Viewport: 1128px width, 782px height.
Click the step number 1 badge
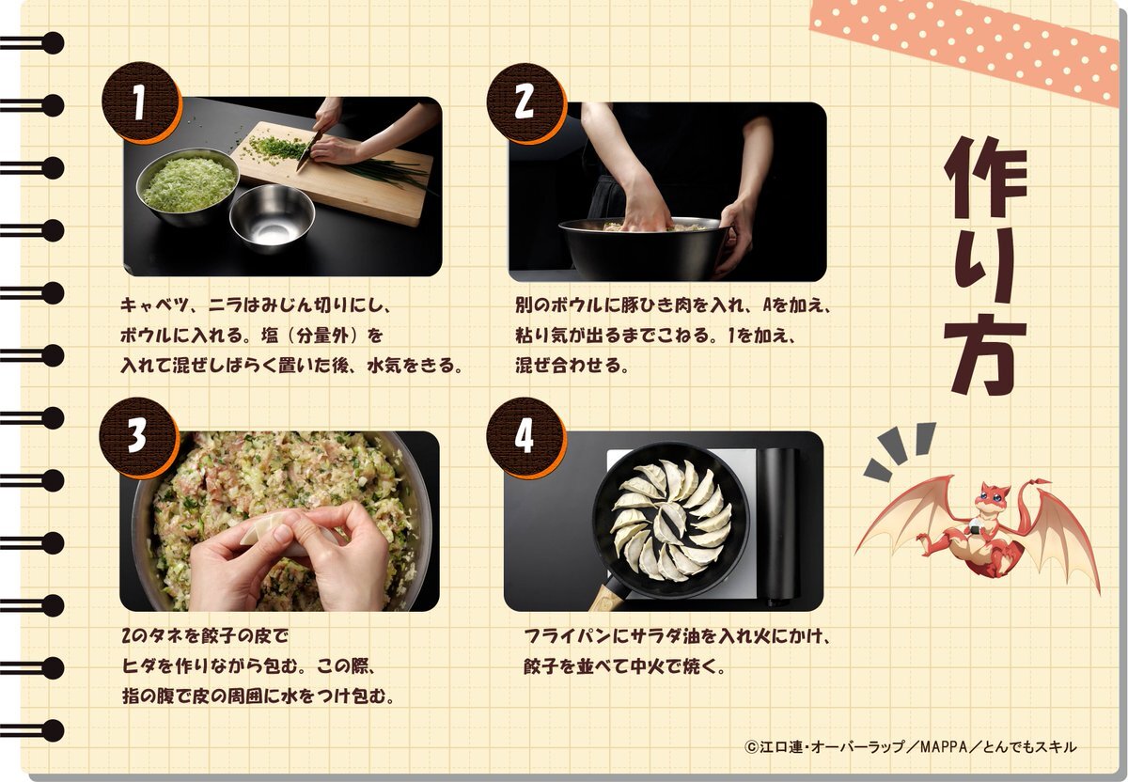140,102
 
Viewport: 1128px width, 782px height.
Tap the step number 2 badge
525,102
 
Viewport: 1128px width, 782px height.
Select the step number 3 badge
138,437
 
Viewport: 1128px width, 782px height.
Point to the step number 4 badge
525,437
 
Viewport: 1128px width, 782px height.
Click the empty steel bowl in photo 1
272,217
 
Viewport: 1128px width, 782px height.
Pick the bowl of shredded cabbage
187,186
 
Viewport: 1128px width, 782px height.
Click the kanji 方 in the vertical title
984,354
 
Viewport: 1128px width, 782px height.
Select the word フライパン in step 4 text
569,636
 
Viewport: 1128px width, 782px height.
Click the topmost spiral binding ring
33,43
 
